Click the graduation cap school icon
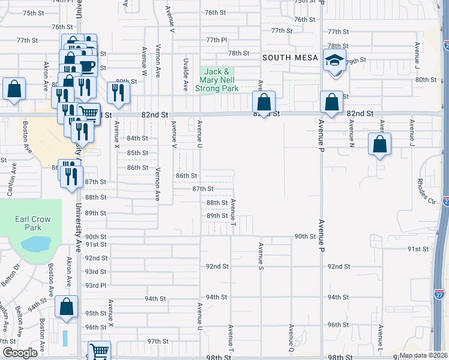334,59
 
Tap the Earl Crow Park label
29,223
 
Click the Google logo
20,353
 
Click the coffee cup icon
87,65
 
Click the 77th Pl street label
216,40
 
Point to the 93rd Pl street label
95,285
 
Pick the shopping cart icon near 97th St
100,352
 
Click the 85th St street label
137,152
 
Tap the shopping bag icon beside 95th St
67,307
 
